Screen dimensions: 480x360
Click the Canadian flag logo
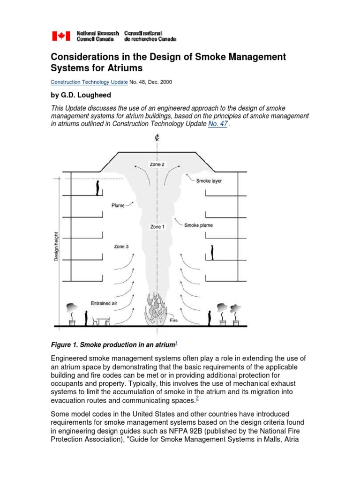[x=60, y=36]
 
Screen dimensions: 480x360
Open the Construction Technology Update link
[x=89, y=82]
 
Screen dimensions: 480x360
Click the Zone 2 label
[x=157, y=165]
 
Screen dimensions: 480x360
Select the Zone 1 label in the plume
[x=157, y=227]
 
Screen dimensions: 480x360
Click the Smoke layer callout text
[x=209, y=181]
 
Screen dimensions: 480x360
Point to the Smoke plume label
[x=198, y=225]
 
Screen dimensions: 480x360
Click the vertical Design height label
[x=56, y=246]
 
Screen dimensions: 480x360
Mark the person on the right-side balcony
[x=212, y=252]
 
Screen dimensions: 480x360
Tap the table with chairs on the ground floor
[x=103, y=321]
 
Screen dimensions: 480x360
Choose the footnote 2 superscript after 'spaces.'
[x=197, y=398]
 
